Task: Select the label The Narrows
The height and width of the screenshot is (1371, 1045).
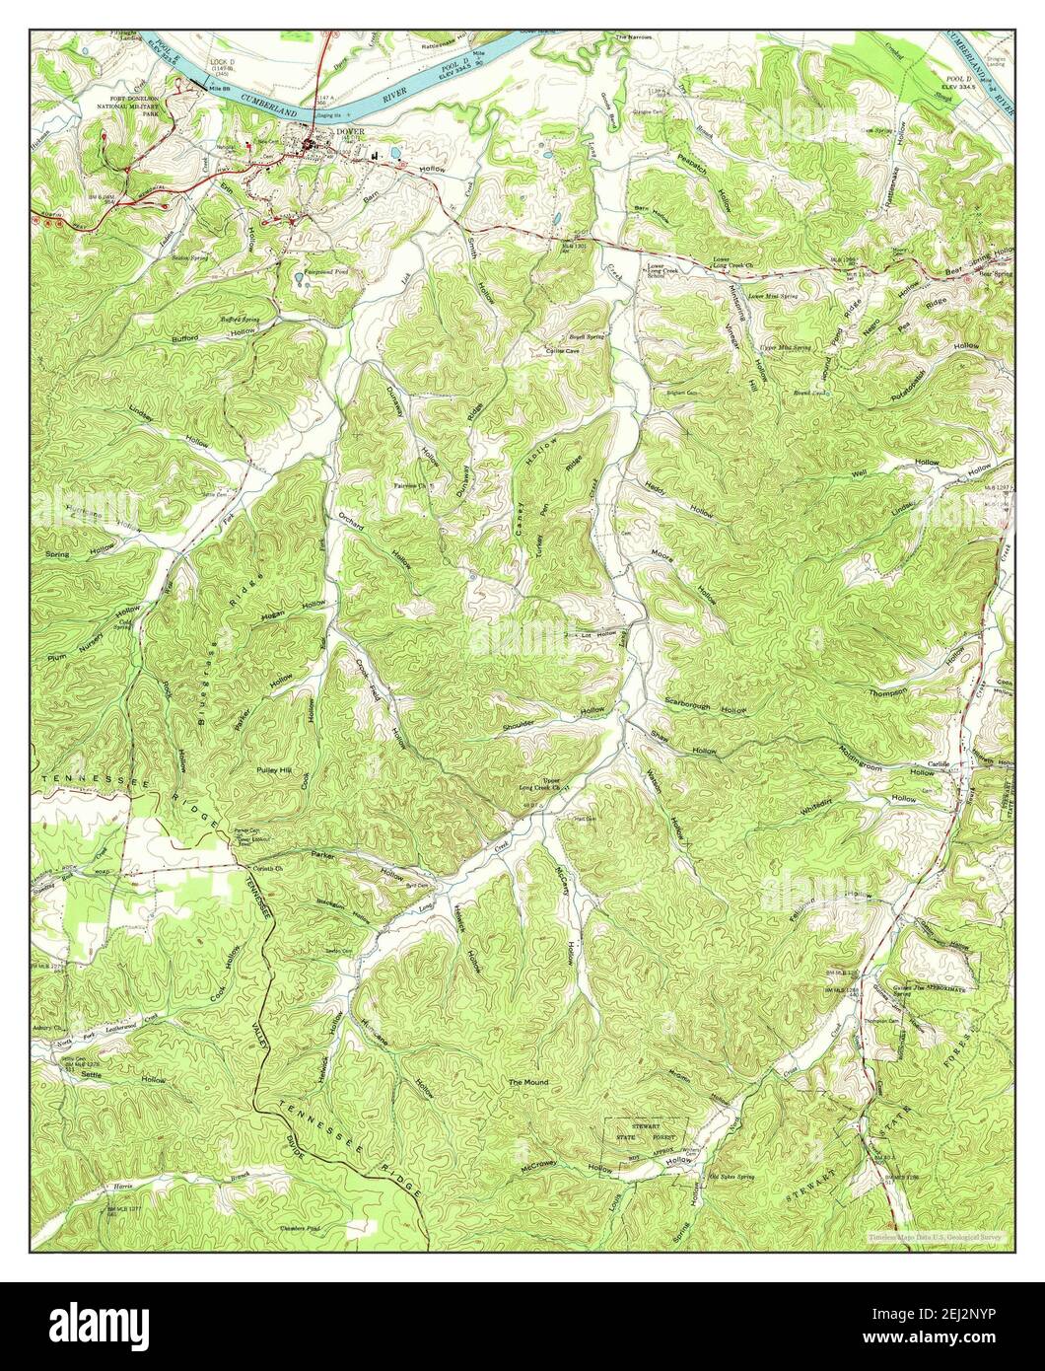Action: (634, 36)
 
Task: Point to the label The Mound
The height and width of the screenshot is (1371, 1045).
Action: (527, 1082)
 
